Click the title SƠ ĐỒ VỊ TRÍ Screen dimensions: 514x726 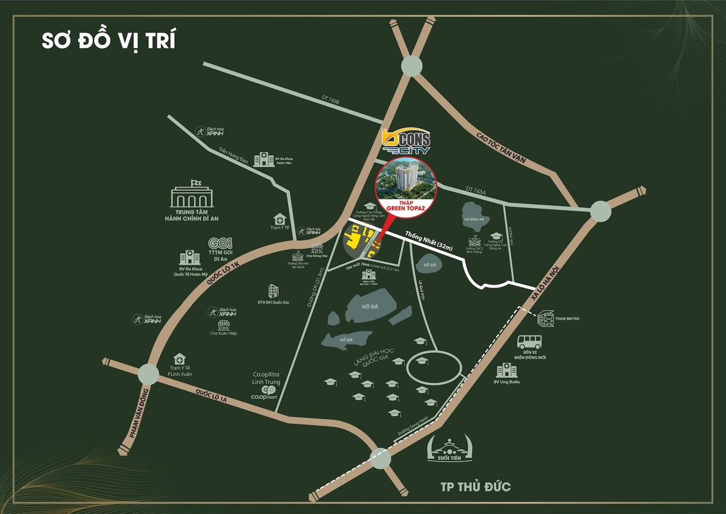tap(109, 41)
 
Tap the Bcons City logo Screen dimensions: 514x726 tap(405, 143)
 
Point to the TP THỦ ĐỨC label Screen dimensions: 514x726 tap(476, 486)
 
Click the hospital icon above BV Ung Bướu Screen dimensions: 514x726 tap(506, 370)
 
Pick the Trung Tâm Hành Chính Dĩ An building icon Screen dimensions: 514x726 tap(192, 196)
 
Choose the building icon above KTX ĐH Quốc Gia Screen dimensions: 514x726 tap(273, 291)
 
